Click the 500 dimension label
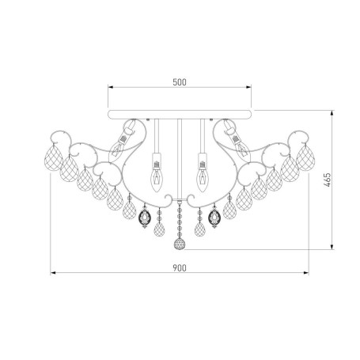click(180, 82)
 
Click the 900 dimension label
click(180, 268)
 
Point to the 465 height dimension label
click(327, 180)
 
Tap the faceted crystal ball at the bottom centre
click(180, 244)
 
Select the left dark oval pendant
click(145, 217)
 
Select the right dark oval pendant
click(214, 217)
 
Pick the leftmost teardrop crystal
click(53, 157)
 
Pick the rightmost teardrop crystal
click(305, 157)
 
